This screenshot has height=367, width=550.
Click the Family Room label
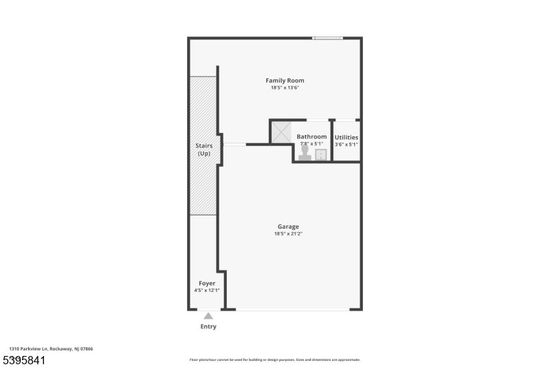[x=285, y=81]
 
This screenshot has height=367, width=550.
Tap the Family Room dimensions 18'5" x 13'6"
[x=285, y=88]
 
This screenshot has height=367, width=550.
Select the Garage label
[x=288, y=227]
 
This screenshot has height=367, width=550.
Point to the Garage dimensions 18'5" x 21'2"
[x=288, y=234]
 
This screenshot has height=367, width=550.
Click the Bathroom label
[x=311, y=137]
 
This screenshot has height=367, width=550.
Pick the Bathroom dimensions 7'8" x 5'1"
[x=311, y=144]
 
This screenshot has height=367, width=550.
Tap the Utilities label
[x=346, y=138]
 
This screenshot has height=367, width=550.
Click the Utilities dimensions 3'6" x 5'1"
[x=346, y=145]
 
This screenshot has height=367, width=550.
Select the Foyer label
[x=207, y=283]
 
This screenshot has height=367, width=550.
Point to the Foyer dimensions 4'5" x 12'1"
[x=207, y=291]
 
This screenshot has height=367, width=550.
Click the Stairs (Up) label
[x=204, y=149]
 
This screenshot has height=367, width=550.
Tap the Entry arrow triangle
[x=208, y=316]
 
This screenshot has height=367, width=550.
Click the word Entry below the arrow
[x=208, y=326]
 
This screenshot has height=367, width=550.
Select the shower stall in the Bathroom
[x=281, y=133]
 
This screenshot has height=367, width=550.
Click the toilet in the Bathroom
[x=305, y=153]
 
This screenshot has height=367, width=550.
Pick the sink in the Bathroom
[x=321, y=154]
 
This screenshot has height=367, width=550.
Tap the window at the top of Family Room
[x=327, y=38]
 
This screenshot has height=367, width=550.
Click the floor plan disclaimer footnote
[x=274, y=359]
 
